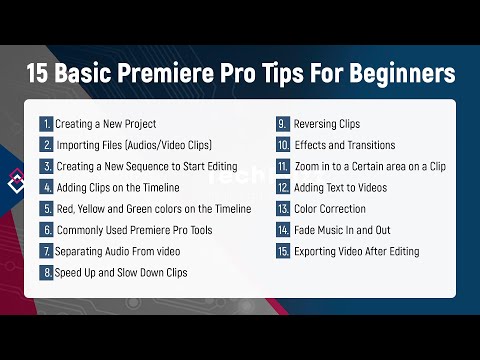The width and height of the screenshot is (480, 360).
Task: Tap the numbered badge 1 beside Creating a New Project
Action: click(x=46, y=124)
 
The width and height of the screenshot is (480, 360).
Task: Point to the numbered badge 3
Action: click(x=46, y=166)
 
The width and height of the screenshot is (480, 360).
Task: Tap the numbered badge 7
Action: click(x=46, y=250)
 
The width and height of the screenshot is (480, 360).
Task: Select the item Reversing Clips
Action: click(x=326, y=124)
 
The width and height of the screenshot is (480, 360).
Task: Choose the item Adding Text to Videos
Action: click(x=342, y=187)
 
